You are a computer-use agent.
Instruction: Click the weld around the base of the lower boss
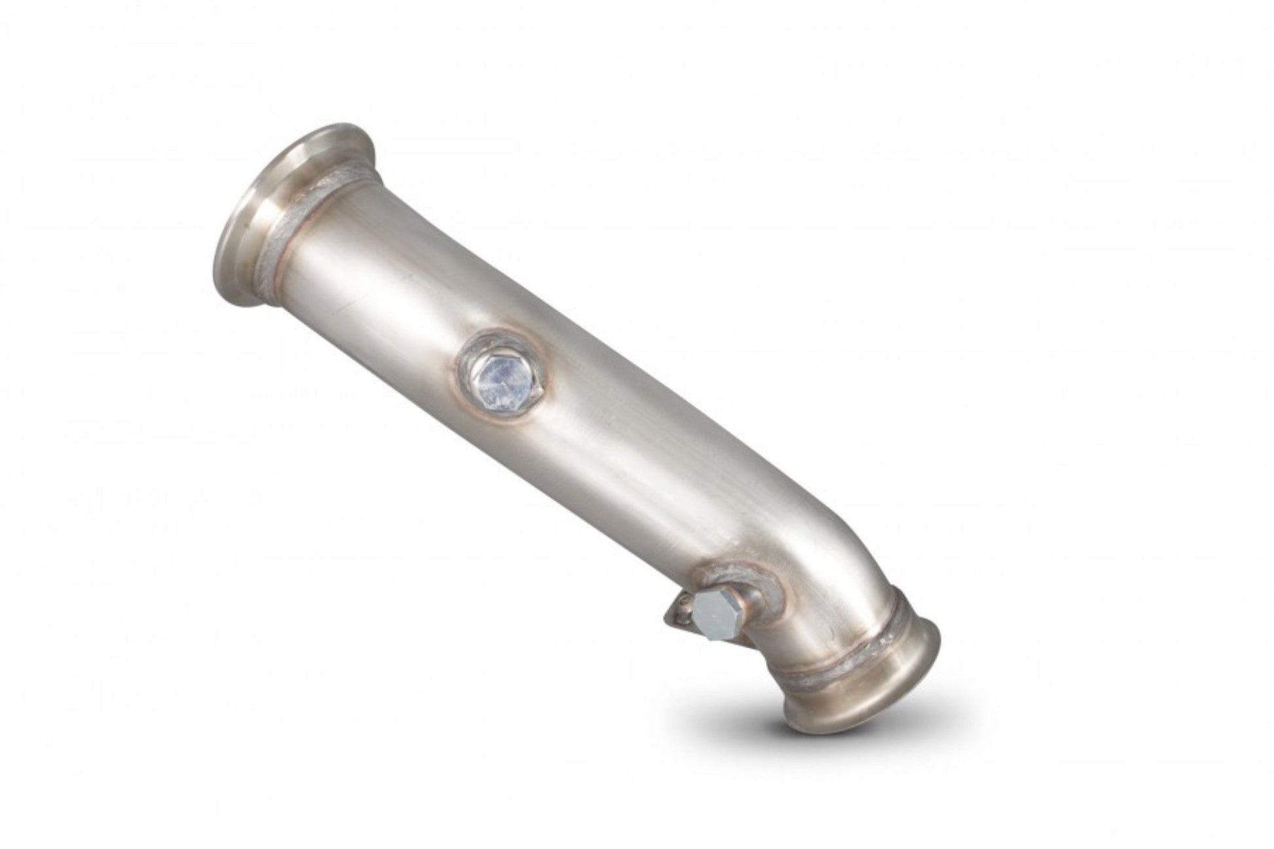click(763, 576)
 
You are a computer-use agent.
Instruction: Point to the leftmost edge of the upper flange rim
click(215, 268)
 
